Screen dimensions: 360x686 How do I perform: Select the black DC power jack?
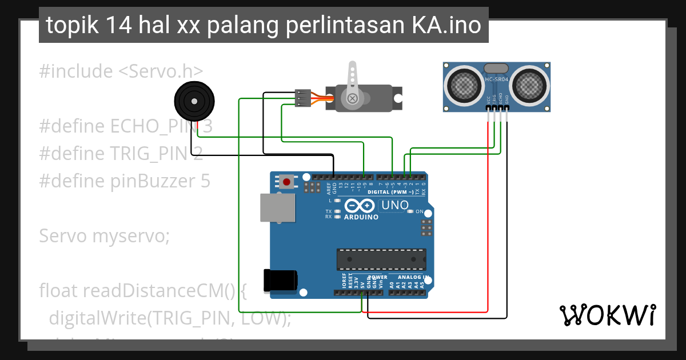click(280, 280)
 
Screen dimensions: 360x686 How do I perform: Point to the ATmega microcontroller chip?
click(381, 259)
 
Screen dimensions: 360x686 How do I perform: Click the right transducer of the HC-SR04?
click(530, 85)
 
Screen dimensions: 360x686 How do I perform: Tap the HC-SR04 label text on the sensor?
click(497, 80)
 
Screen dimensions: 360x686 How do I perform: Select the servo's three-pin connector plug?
click(302, 98)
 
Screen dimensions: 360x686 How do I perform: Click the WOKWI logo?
click(607, 315)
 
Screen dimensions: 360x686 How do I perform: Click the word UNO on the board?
click(395, 205)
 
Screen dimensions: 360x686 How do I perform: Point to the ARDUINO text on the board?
click(361, 217)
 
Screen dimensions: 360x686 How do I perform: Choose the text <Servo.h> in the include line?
click(161, 71)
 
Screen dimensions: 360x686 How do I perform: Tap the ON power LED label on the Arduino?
click(419, 211)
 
